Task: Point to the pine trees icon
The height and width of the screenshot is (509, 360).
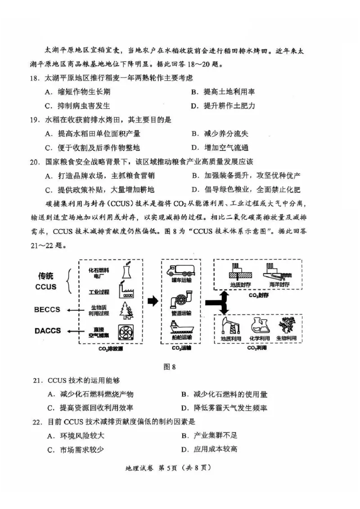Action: point(126,310)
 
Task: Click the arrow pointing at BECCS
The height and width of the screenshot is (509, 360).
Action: point(71,310)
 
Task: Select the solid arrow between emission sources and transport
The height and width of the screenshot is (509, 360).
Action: point(153,301)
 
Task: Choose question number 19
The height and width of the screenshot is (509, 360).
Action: point(35,120)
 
